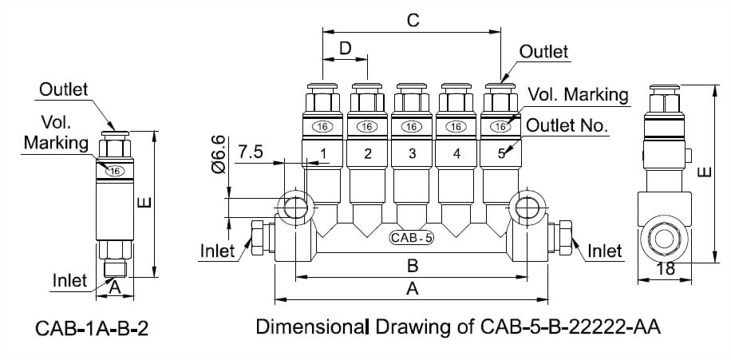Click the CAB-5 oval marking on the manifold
click(411, 237)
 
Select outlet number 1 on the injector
click(323, 154)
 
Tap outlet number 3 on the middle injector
click(411, 154)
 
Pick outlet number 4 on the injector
click(456, 154)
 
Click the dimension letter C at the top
click(412, 21)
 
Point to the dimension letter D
click(345, 49)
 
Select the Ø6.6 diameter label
click(221, 154)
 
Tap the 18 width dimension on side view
click(664, 269)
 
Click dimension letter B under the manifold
click(413, 265)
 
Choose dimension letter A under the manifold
click(413, 290)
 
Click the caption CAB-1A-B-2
click(92, 329)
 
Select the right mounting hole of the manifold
click(526, 206)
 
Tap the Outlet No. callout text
click(567, 126)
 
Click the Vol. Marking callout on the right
click(578, 94)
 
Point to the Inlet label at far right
click(604, 251)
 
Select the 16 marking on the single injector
click(115, 171)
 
